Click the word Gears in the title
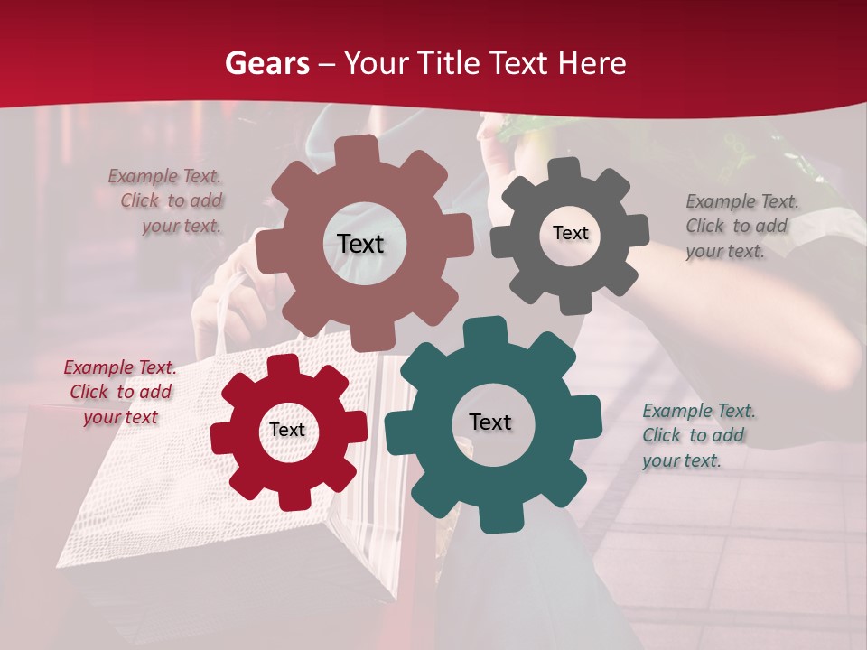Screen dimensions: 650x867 (267, 63)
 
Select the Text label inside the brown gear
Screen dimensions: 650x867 (360, 244)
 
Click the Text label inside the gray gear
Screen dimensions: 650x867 (570, 233)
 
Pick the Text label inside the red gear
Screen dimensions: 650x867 (287, 430)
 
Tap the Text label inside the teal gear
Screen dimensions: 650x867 (490, 422)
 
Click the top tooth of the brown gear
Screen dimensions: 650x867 (362, 149)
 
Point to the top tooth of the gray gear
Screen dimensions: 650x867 (565, 168)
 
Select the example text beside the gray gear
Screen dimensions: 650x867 (741, 226)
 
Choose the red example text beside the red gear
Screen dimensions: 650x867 (119, 392)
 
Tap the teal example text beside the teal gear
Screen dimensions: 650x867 (698, 435)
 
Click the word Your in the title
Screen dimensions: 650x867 (378, 63)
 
